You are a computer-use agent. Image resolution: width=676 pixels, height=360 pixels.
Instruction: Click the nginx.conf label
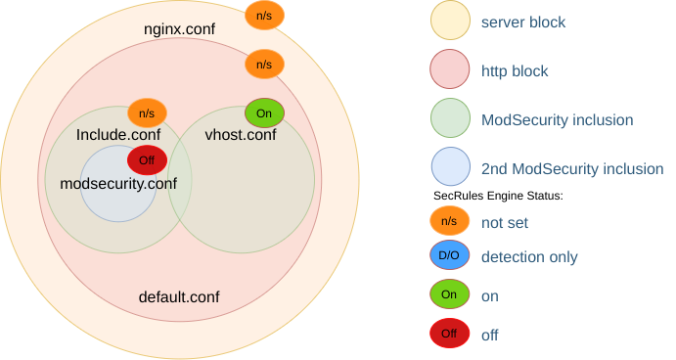[x=179, y=29]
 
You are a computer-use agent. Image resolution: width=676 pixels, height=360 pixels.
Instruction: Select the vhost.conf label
[x=240, y=134]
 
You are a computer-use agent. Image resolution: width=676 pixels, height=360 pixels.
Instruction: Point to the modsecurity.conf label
[x=118, y=183]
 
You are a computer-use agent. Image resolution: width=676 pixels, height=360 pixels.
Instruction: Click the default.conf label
[x=179, y=296]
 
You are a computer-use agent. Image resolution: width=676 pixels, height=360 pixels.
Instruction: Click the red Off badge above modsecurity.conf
[x=147, y=160]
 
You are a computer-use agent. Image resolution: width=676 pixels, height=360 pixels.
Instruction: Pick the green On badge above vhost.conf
[x=264, y=112]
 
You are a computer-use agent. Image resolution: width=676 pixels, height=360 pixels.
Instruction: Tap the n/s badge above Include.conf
[x=147, y=112]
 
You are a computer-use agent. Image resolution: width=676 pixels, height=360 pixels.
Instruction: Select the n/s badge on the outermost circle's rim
[x=264, y=16]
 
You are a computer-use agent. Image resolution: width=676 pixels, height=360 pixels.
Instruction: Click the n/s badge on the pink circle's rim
[x=264, y=65]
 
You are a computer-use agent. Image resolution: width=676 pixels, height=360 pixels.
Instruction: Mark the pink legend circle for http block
[x=449, y=69]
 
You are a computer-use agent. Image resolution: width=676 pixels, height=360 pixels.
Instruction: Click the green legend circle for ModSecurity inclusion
[x=449, y=119]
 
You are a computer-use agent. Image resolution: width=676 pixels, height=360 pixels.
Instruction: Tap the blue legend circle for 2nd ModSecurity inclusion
[x=449, y=168]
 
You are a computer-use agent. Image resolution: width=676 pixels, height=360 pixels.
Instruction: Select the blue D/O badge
[x=449, y=257]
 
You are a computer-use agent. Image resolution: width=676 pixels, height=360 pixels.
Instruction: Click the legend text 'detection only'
[x=529, y=257]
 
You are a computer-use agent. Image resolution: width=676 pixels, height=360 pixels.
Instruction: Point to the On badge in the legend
[x=449, y=294]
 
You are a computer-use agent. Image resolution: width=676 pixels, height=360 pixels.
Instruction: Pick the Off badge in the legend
[x=449, y=334]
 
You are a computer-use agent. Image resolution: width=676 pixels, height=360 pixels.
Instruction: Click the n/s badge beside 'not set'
[x=449, y=221]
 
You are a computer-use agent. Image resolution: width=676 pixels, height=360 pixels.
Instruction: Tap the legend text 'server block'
[x=523, y=21]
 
